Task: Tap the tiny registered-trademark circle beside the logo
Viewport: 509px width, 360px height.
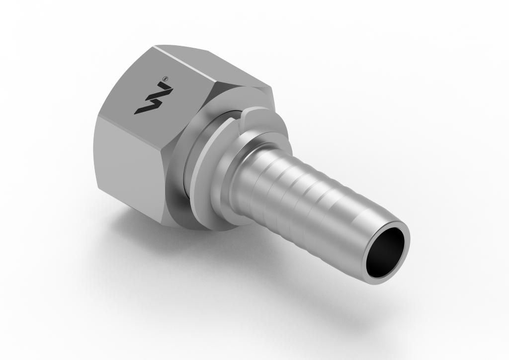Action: tap(166, 78)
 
